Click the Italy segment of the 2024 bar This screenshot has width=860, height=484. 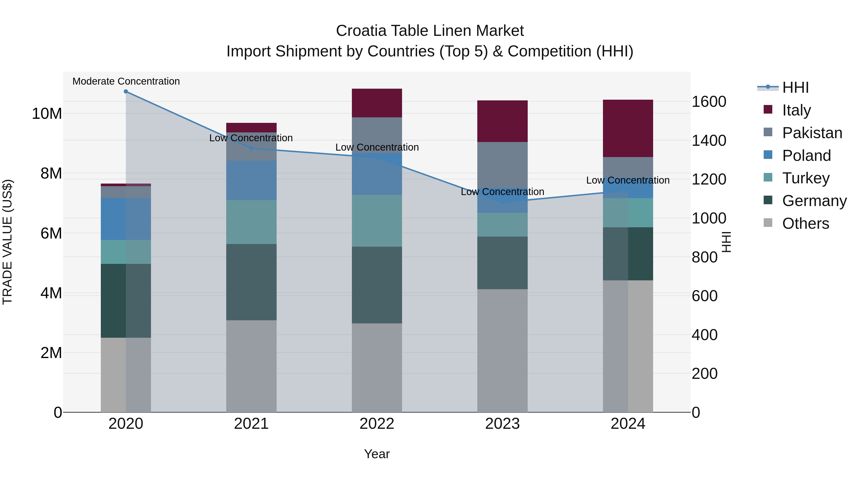628,128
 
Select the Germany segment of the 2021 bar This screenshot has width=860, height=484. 251,282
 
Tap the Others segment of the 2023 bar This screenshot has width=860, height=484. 502,350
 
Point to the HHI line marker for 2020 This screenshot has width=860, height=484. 126,92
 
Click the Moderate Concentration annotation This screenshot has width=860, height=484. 126,81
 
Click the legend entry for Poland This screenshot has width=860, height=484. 806,155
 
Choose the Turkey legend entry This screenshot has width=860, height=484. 806,178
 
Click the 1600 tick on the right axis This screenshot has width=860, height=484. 709,102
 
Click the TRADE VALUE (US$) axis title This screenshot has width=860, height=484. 7,242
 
